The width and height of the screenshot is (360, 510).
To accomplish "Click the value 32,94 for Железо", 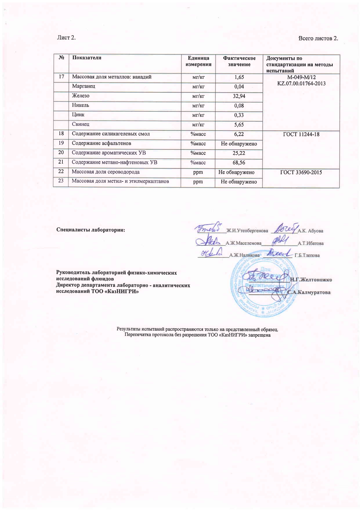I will click(x=239, y=96).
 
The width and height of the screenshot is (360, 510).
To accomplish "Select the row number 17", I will click(x=61, y=77).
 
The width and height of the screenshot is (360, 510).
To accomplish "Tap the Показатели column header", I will click(x=87, y=58).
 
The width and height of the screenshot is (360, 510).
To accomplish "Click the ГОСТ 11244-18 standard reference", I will click(x=301, y=134).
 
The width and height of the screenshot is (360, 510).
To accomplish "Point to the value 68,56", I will click(x=239, y=163).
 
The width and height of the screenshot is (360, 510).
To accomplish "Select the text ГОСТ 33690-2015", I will click(x=301, y=172).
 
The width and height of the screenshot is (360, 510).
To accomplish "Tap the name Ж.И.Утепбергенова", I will click(x=247, y=231).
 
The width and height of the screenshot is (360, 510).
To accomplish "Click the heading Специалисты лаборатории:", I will click(x=91, y=230).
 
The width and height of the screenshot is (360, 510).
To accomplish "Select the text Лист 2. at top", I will click(x=66, y=38).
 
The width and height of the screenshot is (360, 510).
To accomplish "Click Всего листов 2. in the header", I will click(x=318, y=38).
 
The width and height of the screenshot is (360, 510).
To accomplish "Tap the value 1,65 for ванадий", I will click(x=239, y=77).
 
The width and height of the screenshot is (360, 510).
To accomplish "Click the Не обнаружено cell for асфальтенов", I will click(x=239, y=144).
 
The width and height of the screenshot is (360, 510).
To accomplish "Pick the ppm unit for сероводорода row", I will click(x=198, y=172).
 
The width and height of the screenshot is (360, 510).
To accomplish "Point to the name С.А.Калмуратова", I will click(x=309, y=292).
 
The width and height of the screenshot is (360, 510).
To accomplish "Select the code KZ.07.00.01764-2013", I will click(x=301, y=84).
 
